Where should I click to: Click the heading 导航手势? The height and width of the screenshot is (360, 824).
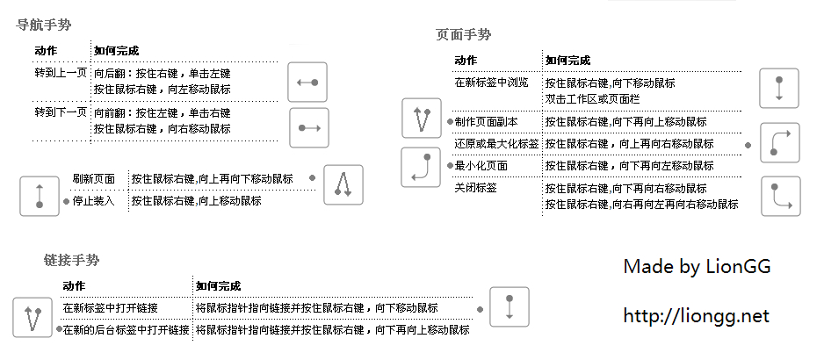45,25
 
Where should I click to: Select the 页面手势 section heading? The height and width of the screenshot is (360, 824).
464,35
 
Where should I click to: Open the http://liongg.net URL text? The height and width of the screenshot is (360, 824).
696,315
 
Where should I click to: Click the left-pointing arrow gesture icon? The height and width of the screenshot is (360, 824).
307,83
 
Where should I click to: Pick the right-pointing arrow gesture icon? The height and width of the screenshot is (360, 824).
307,128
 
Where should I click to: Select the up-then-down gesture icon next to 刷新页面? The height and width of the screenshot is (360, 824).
343,185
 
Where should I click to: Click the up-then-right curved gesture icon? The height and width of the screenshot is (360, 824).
779,143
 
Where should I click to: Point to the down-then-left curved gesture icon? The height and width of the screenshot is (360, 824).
421,168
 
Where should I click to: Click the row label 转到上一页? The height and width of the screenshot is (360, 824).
61,74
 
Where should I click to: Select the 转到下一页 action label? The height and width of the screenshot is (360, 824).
61,112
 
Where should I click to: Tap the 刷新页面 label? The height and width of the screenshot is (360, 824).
93,179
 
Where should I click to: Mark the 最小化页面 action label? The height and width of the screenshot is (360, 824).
481,165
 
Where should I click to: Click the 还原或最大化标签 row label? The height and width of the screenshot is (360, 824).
496,143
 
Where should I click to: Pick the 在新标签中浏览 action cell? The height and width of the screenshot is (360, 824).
491,83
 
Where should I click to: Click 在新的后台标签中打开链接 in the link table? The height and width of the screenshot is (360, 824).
126,330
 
